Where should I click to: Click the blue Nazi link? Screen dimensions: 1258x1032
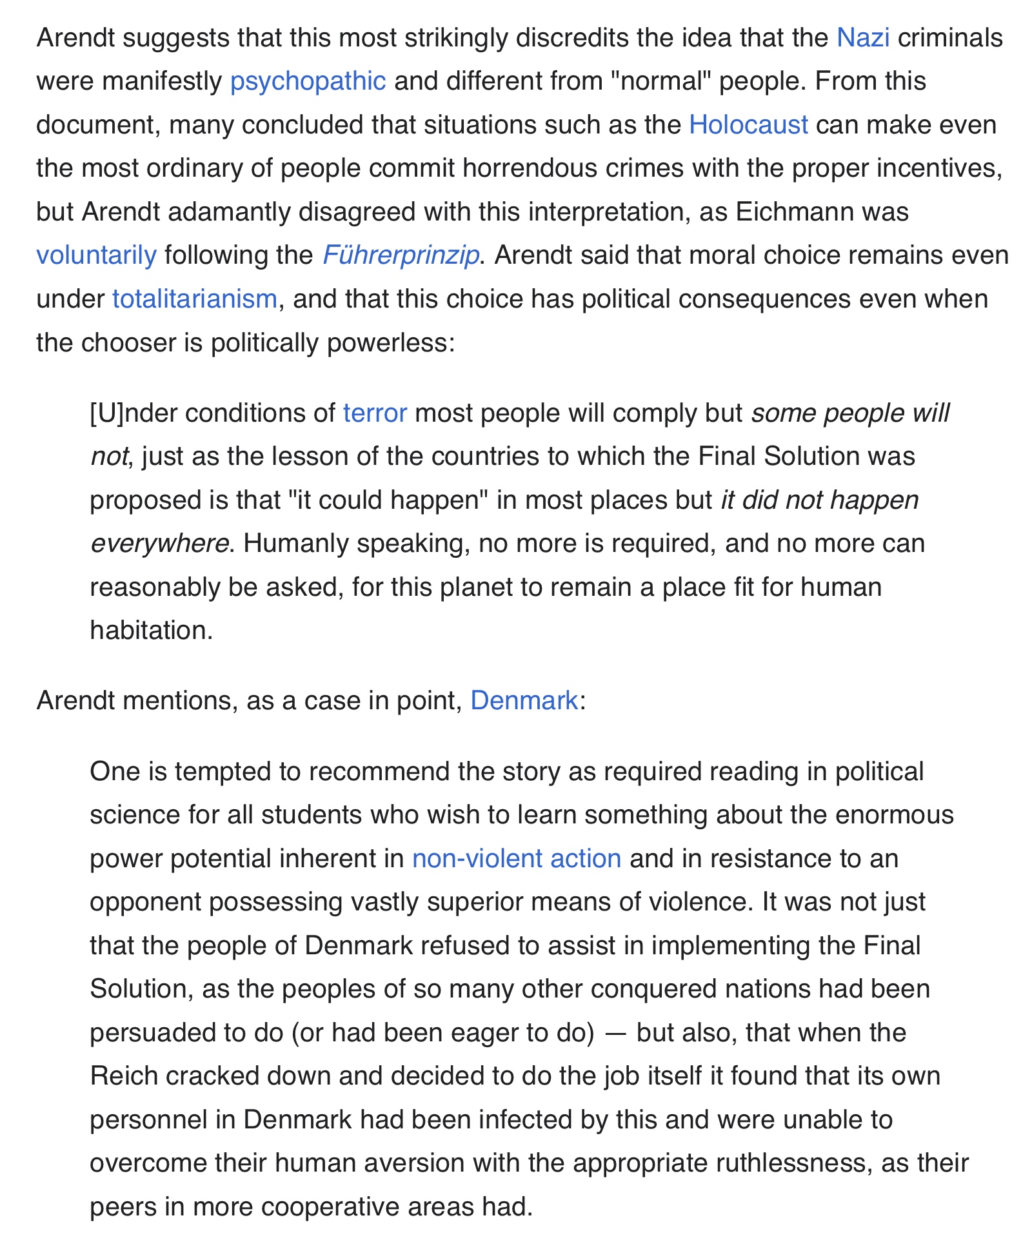(x=862, y=38)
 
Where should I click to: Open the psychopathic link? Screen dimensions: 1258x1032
(x=308, y=81)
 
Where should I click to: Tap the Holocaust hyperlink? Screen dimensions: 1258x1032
(x=748, y=124)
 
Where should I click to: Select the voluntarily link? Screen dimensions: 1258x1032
(x=96, y=255)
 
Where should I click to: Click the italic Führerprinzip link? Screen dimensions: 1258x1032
(x=400, y=255)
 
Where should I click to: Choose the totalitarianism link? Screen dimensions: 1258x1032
(x=194, y=299)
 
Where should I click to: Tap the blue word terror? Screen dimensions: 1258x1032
(x=375, y=413)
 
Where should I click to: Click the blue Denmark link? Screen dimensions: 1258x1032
(x=524, y=700)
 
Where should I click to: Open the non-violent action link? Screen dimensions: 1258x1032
(x=516, y=859)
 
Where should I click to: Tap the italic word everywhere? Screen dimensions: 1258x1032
(x=159, y=544)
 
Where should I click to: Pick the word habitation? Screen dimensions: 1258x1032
(x=151, y=631)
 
